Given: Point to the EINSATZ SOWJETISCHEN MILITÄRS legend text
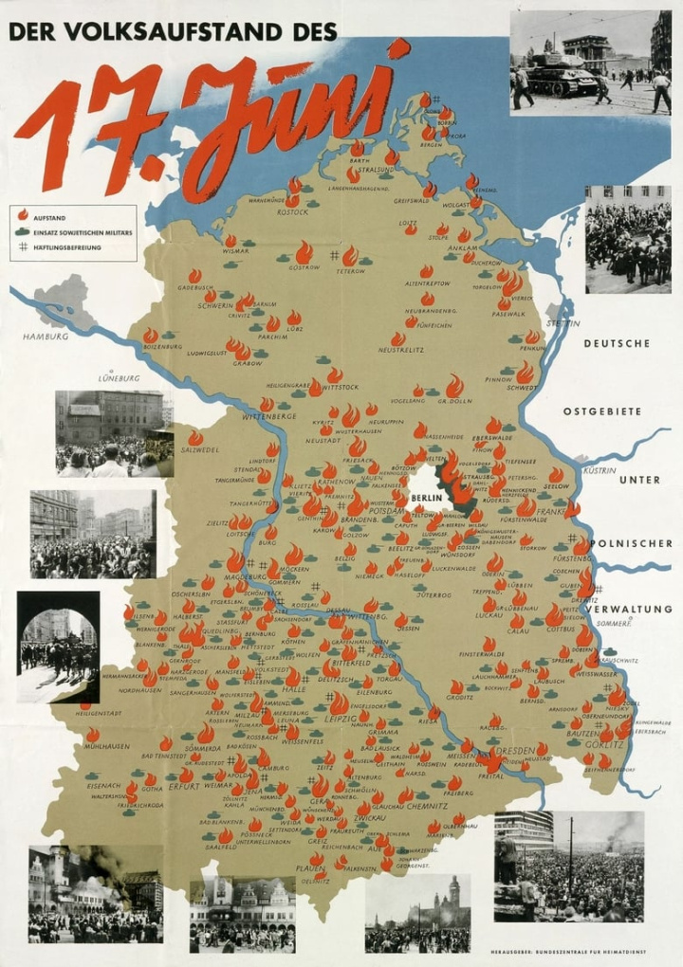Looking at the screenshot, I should pyautogui.click(x=83, y=232).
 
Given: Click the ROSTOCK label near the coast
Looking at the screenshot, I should pyautogui.click(x=292, y=211).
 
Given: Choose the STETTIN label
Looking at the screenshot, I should pyautogui.click(x=562, y=323).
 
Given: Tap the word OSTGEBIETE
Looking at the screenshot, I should pyautogui.click(x=601, y=411).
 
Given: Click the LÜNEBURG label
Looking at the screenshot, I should pyautogui.click(x=119, y=378).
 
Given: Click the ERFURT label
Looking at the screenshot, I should pyautogui.click(x=184, y=787).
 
